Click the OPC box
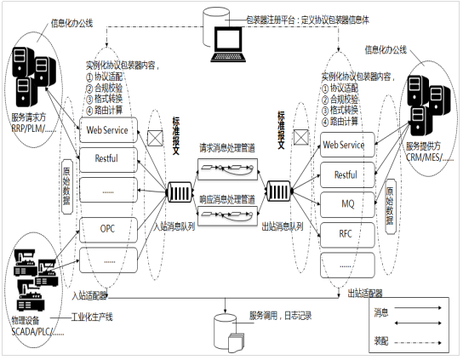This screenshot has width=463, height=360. (107, 229)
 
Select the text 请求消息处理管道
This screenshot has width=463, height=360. (225, 148)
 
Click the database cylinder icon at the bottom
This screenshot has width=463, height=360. (227, 326)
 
